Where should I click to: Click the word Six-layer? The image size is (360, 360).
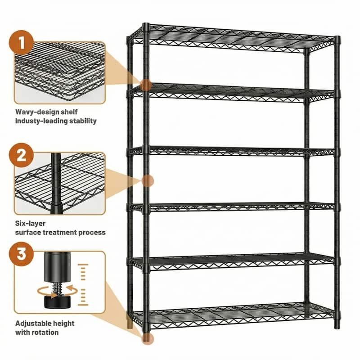pyautogui.click(x=30, y=223)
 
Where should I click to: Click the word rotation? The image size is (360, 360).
pyautogui.click(x=45, y=332)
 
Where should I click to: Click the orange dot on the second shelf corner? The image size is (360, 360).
pyautogui.click(x=145, y=85)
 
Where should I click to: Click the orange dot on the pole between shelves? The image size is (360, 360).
pyautogui.click(x=147, y=180)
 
